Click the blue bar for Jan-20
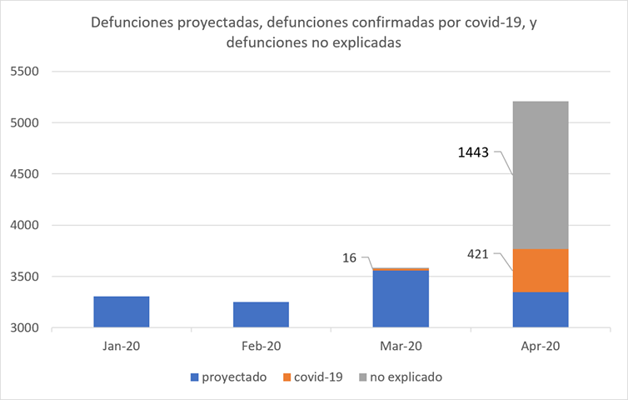(121, 312)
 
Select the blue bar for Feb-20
(262, 314)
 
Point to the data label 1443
(474, 152)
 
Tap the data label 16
(349, 258)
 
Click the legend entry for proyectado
(234, 377)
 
